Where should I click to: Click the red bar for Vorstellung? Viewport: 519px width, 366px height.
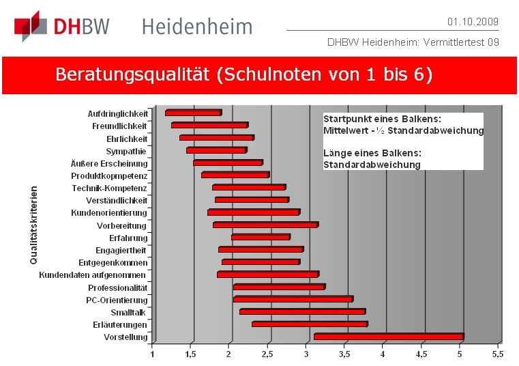[x=389, y=337]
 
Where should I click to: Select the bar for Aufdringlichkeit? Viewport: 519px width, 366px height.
[x=194, y=113]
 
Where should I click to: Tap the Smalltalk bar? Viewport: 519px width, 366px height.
[x=303, y=311]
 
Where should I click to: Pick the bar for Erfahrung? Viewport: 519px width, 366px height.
[x=261, y=237]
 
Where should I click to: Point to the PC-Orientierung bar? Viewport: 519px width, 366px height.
[x=293, y=299]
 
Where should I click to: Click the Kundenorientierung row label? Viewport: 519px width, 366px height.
[x=109, y=213]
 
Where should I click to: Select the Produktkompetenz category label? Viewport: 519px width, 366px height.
[x=109, y=176]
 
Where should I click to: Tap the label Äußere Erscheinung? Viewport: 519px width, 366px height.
[x=109, y=163]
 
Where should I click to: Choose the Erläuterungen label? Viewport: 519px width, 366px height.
[x=120, y=325]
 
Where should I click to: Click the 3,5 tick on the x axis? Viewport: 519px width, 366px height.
[x=344, y=354]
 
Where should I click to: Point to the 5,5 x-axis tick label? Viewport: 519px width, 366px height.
[x=497, y=354]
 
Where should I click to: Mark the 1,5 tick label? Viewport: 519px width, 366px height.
[x=190, y=354]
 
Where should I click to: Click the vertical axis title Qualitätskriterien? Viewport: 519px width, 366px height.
[x=33, y=225]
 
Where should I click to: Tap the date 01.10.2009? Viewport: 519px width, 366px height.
[x=473, y=22]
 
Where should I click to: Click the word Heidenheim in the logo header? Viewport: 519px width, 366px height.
[x=197, y=27]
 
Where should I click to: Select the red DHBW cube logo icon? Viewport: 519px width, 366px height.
[x=31, y=26]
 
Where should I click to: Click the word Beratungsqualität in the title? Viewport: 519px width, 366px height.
[x=132, y=74]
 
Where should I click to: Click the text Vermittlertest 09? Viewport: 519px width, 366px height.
[x=461, y=42]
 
